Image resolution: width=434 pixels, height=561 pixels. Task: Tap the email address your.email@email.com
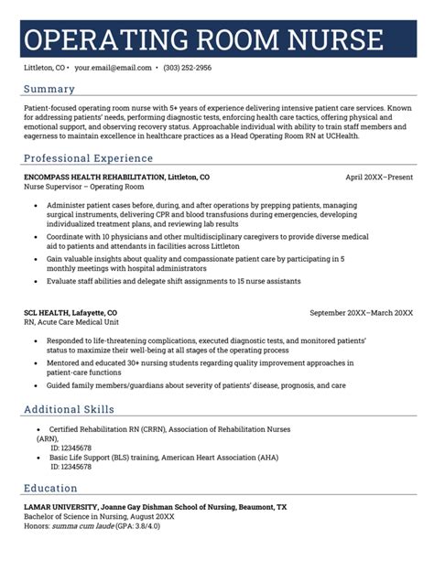114,68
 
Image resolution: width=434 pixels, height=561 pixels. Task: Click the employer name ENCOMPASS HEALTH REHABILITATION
94,176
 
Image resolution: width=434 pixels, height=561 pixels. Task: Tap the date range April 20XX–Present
379,176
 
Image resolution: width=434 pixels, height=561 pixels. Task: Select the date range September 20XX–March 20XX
362,313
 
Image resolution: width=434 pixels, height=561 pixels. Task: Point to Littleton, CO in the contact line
45,68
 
